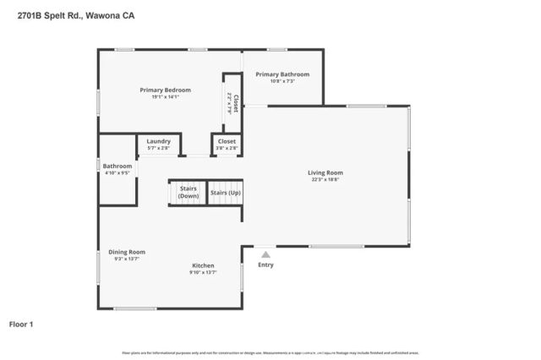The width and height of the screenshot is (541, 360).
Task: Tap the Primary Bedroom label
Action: [x=165, y=90]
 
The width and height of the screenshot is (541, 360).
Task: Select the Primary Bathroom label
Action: [x=282, y=74]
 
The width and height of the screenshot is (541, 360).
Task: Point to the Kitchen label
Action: [x=202, y=265]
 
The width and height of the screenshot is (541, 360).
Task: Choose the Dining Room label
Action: [x=127, y=251]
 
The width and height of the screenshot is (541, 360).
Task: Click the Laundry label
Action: [x=158, y=141]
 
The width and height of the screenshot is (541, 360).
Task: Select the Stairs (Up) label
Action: [x=225, y=193]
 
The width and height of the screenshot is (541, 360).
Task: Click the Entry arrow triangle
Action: [x=265, y=254]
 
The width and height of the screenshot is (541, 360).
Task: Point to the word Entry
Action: [x=265, y=265]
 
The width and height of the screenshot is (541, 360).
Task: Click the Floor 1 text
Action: [x=21, y=324]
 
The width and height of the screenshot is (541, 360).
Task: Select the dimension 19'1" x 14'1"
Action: [x=165, y=96]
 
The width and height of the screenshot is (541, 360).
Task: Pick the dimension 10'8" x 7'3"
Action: [x=282, y=81]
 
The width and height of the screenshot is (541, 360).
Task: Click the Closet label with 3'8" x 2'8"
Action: [x=227, y=141]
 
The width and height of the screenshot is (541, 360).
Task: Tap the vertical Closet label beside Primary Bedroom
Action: [x=235, y=102]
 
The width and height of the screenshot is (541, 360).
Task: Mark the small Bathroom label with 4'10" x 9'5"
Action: [x=117, y=166]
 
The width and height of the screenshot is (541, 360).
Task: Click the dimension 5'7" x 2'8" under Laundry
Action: [x=158, y=148]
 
